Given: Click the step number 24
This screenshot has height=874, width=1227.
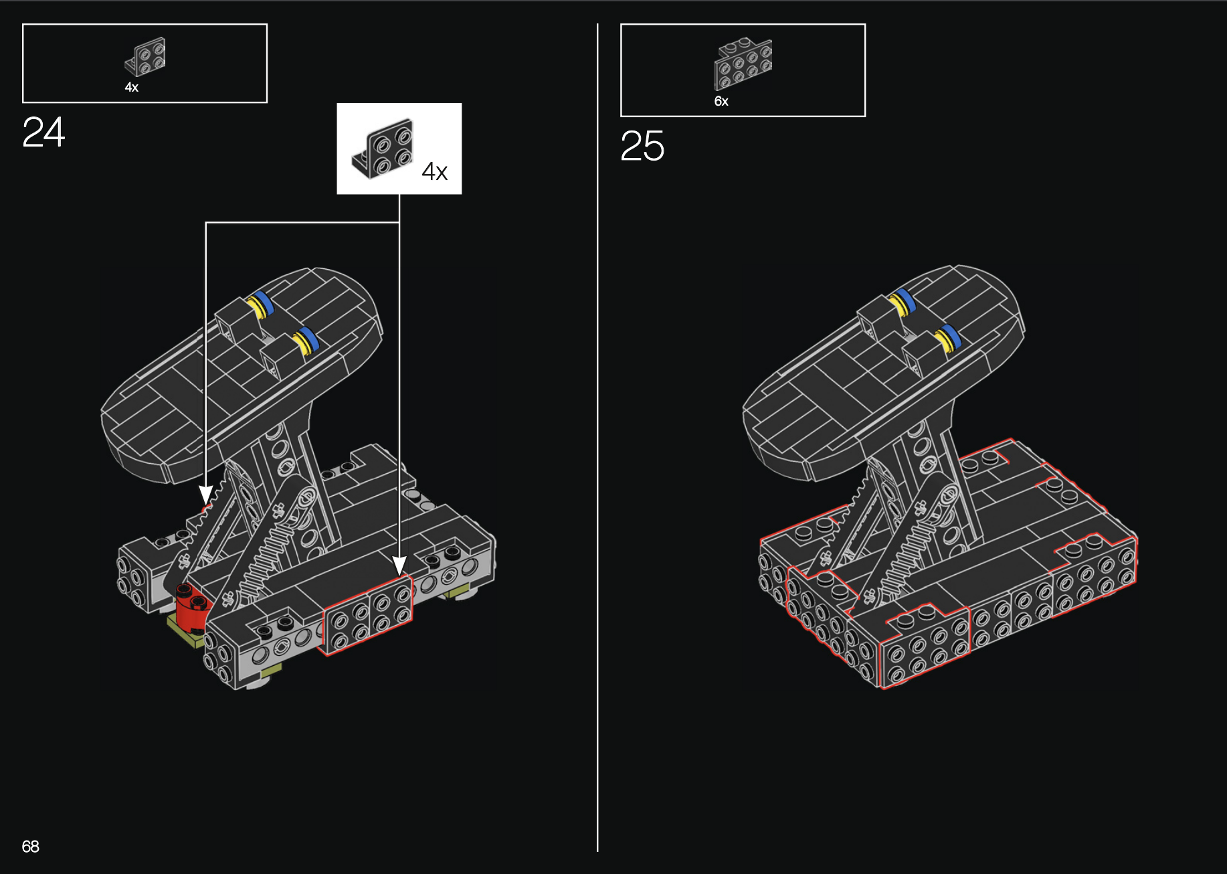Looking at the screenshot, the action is pyautogui.click(x=43, y=132).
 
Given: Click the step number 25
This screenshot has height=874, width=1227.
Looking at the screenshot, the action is pyautogui.click(x=642, y=146).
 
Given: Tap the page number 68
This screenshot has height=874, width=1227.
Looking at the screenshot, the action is pyautogui.click(x=31, y=847).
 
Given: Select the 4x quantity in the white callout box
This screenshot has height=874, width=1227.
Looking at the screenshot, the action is pyautogui.click(x=435, y=172).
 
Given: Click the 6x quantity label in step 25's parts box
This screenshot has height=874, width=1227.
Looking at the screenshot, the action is pyautogui.click(x=721, y=101).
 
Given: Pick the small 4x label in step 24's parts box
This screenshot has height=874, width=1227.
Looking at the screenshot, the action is pyautogui.click(x=132, y=87).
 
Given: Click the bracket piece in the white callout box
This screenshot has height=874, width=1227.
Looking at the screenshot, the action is pyautogui.click(x=383, y=149).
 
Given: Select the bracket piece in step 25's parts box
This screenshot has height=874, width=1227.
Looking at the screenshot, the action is pyautogui.click(x=743, y=64).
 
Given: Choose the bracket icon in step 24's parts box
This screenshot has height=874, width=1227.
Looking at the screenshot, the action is pyautogui.click(x=145, y=56).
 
